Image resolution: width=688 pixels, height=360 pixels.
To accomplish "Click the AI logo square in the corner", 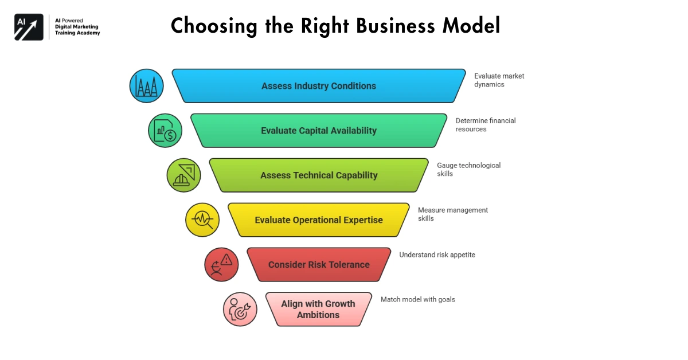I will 29,27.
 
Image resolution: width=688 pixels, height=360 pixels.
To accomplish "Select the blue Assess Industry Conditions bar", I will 319,86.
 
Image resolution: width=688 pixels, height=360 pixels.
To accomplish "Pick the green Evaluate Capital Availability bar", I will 319,131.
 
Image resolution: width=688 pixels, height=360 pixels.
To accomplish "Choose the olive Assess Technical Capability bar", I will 319,175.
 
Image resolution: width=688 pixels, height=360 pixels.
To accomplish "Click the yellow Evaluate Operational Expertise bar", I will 319,220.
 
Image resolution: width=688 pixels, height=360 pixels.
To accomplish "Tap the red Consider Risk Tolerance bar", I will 319,265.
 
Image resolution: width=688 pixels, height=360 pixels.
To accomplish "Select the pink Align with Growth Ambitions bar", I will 319,310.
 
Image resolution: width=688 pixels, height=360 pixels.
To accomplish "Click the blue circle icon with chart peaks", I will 147,86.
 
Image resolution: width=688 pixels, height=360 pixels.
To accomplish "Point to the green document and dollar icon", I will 165,131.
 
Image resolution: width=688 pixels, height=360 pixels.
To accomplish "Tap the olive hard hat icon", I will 184,175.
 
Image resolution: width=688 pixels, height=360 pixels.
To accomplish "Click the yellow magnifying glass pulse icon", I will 202,220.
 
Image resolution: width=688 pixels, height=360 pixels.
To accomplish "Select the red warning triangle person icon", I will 221,265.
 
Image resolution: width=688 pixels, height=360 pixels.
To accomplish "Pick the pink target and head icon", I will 240,310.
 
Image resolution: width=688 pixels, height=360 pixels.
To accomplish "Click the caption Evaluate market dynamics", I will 499,80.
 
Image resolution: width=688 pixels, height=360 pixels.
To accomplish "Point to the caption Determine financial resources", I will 485,125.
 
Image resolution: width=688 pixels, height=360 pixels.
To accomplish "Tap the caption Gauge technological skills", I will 468,169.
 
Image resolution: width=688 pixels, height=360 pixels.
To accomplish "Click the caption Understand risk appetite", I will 437,255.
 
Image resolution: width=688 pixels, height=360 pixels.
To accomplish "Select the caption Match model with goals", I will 417,299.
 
